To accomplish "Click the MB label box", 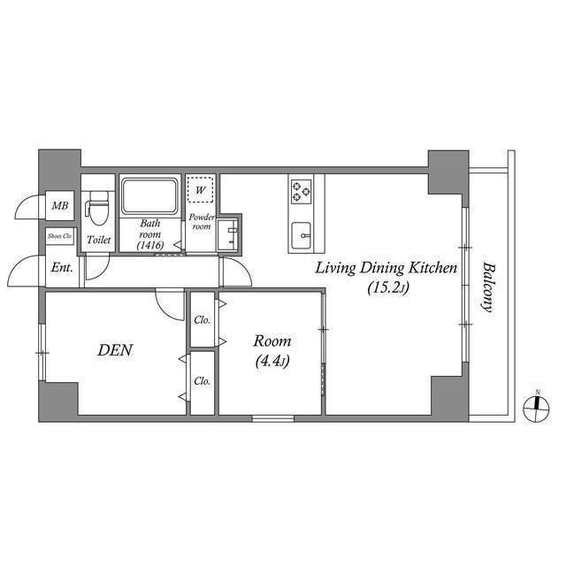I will tap(59, 207).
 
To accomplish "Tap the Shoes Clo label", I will tap(59, 236).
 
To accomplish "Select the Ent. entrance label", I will tap(61, 268).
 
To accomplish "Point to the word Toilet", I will tap(98, 241).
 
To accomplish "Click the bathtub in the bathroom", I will tap(149, 195).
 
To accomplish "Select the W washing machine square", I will tap(201, 189).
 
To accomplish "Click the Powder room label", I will tap(201, 220).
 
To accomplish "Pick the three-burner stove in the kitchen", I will tap(302, 189).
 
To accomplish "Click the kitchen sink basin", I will tap(302, 235).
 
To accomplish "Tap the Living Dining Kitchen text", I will tap(386, 267).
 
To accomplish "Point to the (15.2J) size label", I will tap(386, 287).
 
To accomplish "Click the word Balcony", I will tap(486, 287).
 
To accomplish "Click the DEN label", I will tap(114, 350).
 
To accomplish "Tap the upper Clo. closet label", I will tap(202, 319).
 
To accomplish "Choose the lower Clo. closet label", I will tap(202, 382).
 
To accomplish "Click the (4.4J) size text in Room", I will tap(272, 361).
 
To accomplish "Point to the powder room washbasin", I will tap(231, 234).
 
